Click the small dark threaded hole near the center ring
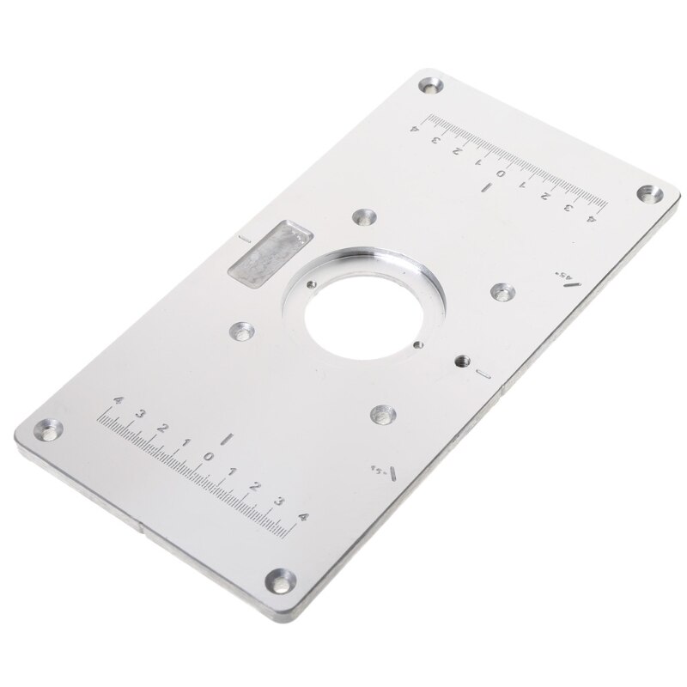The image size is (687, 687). click(x=463, y=361)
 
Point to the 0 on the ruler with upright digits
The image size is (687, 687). click(x=208, y=455)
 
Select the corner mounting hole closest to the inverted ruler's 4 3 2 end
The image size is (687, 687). click(x=645, y=194)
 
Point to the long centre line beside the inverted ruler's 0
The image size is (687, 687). click(x=486, y=186)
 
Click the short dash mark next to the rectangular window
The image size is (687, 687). click(x=246, y=236)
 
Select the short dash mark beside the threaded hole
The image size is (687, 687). click(x=483, y=374)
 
